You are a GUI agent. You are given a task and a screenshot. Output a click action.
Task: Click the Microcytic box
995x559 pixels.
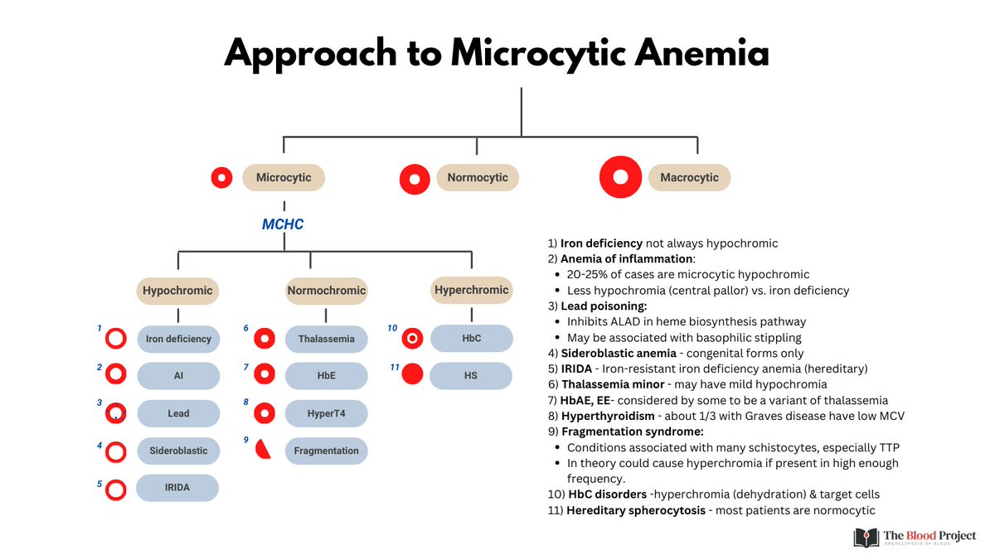coord(284,177)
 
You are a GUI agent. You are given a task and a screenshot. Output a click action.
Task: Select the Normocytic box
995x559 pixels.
coord(477,177)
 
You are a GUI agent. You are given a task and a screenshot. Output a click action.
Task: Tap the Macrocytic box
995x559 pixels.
coord(689,177)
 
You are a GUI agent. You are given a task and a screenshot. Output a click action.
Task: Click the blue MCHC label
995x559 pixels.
coord(283,224)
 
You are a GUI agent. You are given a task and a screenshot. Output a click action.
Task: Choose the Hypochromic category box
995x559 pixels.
coord(177,291)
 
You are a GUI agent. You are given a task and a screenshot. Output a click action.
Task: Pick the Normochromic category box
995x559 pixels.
coord(326,291)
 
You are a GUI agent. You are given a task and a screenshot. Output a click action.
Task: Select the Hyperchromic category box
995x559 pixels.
coord(472,290)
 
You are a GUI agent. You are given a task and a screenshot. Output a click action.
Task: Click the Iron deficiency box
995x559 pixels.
coord(178,339)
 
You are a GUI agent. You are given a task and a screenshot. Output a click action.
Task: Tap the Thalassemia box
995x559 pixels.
coord(326,339)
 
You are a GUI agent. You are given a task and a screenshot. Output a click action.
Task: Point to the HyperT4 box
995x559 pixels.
coord(326,413)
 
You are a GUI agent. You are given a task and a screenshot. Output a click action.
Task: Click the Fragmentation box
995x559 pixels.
coord(326,451)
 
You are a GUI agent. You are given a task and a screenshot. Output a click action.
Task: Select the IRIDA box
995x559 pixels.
coord(178,488)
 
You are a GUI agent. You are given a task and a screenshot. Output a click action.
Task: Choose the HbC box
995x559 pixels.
coord(471,339)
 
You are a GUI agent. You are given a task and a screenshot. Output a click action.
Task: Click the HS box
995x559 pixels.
coord(471,375)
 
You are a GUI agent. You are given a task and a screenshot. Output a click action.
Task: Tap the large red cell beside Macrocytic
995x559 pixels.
coord(621,177)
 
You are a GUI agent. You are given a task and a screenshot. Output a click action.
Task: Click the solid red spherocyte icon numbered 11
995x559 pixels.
coord(412,374)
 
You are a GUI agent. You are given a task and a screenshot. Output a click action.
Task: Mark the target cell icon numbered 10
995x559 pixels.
coord(412,338)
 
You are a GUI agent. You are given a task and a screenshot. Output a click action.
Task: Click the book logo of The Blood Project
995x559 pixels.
coord(866,537)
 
